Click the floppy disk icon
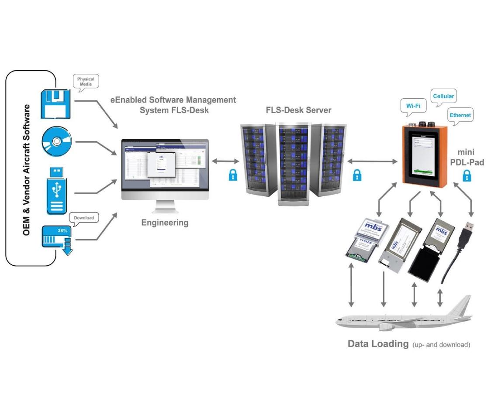coord(55,103)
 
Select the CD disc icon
coord(55,142)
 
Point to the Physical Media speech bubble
coord(86,82)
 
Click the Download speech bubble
coord(83,217)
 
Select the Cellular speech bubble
coord(443,96)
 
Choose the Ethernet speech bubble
coord(460,115)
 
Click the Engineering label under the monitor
coord(165,223)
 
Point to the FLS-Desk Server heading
coord(298,110)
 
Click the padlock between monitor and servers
coord(233,175)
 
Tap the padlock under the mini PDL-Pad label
coord(467,176)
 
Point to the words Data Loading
coord(377,343)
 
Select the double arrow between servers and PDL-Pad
coord(374,161)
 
